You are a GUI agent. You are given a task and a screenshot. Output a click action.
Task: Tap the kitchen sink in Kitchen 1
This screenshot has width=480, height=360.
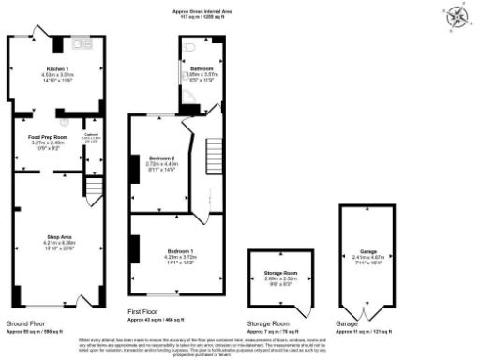point(80,44)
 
